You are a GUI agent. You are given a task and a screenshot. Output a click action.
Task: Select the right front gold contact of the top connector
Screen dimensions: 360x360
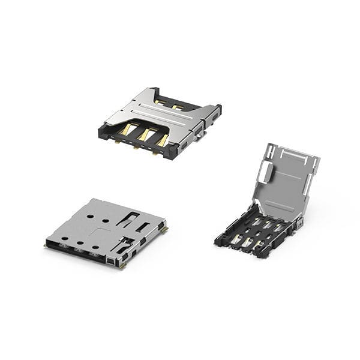(x=163, y=140)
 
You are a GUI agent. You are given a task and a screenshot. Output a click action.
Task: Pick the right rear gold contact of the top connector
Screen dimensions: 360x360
(x=178, y=107)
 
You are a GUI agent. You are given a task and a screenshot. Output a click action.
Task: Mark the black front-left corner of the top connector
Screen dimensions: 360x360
(x=103, y=131)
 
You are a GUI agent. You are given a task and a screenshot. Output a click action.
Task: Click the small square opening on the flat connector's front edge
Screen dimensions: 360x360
(x=109, y=260)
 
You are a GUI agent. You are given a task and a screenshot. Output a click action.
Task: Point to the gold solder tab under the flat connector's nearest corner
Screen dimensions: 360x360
(x=122, y=265)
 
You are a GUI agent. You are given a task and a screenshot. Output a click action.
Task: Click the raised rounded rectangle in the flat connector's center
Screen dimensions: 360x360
(x=103, y=231)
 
